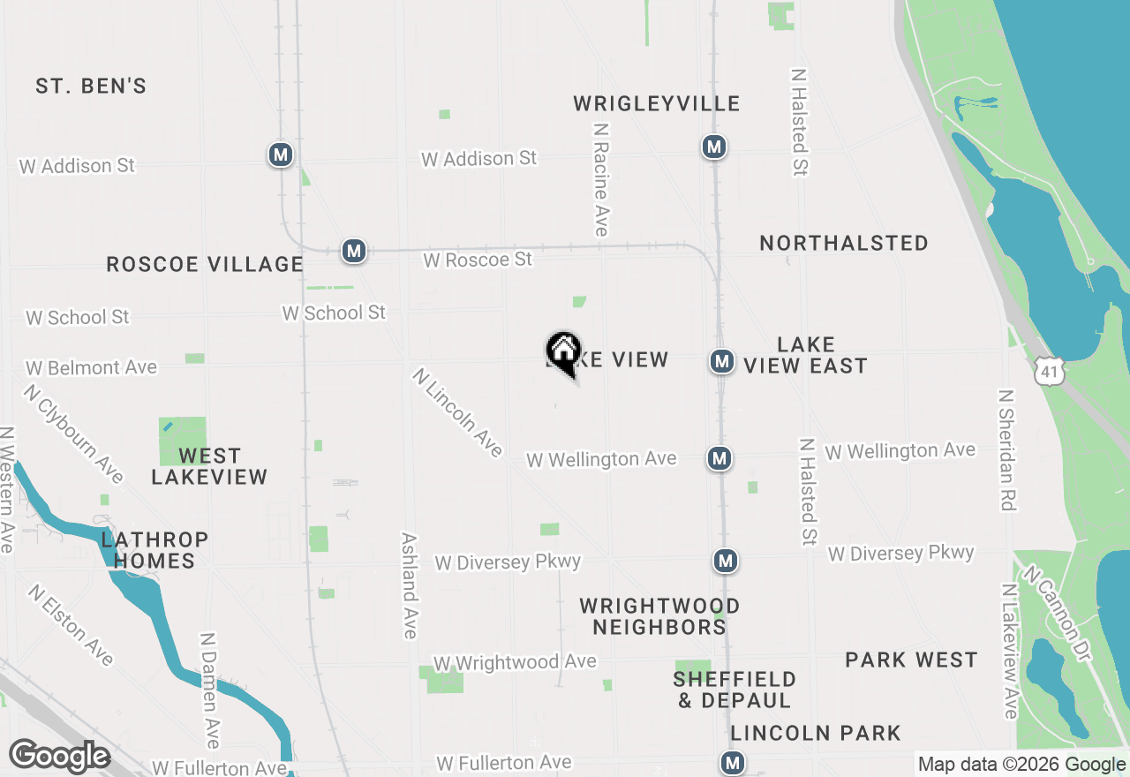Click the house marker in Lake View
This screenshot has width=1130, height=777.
[563, 351]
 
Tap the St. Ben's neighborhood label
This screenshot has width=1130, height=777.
[91, 87]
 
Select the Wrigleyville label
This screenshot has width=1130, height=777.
[656, 104]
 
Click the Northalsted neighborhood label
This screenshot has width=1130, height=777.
[843, 244]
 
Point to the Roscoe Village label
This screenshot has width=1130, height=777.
[205, 264]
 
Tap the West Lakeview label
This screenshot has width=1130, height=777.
[209, 466]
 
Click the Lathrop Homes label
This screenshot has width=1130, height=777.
[154, 550]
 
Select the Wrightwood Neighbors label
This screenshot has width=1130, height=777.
[659, 616]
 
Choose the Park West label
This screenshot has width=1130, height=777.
[911, 660]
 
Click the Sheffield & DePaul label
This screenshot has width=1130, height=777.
[734, 690]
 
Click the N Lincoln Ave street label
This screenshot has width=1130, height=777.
[457, 412]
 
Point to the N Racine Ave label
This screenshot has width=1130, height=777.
[601, 179]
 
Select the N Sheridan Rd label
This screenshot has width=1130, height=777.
[1007, 450]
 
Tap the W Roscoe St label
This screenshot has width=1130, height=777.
[478, 260]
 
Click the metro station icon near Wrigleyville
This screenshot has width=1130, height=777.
[713, 147]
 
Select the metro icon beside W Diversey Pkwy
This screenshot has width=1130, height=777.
[725, 561]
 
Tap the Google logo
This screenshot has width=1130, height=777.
[59, 757]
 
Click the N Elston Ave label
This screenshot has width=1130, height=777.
[71, 624]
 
